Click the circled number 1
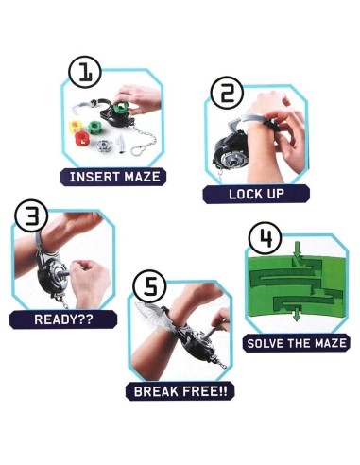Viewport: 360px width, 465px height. point(85,72)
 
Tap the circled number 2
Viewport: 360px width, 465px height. point(227,93)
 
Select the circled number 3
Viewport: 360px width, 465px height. point(31,215)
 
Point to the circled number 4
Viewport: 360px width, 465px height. point(265,238)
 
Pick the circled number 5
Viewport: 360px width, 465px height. point(150,288)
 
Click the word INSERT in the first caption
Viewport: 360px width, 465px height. point(94,177)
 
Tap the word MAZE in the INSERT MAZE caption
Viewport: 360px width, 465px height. point(142,177)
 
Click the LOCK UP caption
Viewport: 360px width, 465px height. point(256,194)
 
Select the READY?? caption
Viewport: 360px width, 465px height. point(63,319)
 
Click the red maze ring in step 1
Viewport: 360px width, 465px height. point(82,139)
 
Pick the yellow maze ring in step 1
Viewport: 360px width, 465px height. point(76,127)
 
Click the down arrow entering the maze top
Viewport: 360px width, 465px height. point(297,250)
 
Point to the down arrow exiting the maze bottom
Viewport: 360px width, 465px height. point(296,315)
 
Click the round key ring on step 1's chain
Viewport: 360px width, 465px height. point(137,150)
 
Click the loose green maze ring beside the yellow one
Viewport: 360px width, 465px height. point(94,127)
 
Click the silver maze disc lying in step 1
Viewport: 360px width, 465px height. point(105,146)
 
